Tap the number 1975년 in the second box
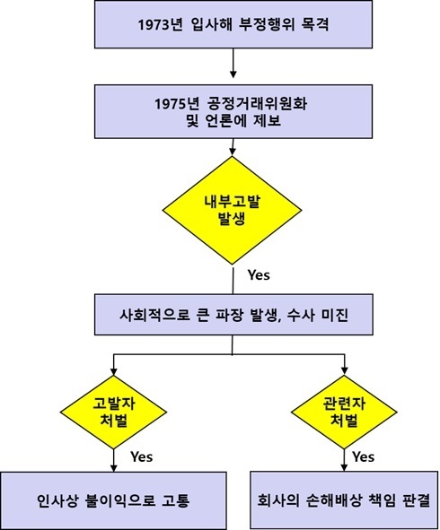point(177,103)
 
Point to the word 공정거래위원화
point(257,103)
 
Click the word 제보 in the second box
point(267,120)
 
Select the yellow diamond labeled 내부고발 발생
point(233,210)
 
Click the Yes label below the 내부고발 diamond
point(259,274)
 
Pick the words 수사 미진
point(317,315)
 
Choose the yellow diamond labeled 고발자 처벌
point(113,412)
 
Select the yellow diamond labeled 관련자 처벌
point(344,412)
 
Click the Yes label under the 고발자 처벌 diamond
point(142,456)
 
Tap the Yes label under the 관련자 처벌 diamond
point(363,456)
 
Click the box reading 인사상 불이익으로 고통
point(113,500)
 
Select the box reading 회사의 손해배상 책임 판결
point(344,500)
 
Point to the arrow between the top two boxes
point(233,63)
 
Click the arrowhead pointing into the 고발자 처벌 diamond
point(114,370)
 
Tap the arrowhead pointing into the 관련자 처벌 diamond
point(345,370)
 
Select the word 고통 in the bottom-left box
point(176,500)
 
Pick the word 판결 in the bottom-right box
point(417,500)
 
